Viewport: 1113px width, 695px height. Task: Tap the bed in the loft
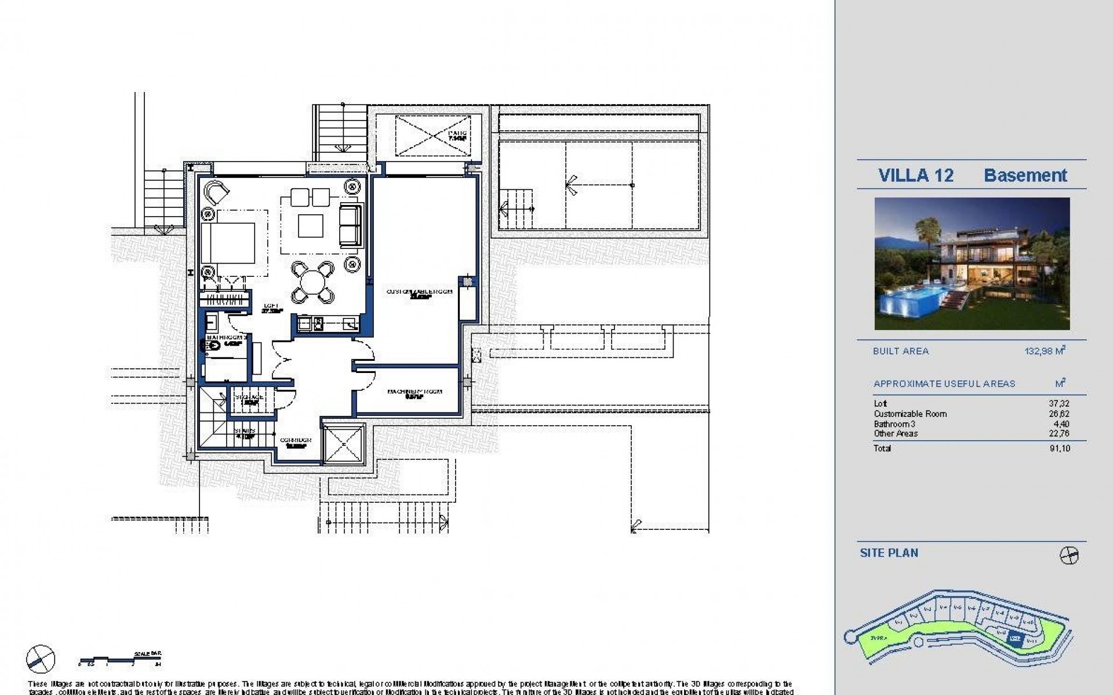(228, 243)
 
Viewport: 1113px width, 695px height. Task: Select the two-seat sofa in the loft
(349, 225)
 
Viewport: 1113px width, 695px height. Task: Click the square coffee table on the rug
(311, 226)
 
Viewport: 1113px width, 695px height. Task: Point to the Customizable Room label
(419, 293)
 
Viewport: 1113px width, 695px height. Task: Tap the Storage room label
(249, 398)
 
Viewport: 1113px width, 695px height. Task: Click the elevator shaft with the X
(343, 444)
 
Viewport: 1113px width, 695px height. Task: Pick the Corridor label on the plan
(296, 442)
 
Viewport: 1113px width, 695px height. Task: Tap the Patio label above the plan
(457, 136)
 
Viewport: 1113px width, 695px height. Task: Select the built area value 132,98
(1045, 351)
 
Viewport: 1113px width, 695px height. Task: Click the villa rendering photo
(972, 264)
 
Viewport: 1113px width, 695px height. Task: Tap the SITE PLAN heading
(889, 553)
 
